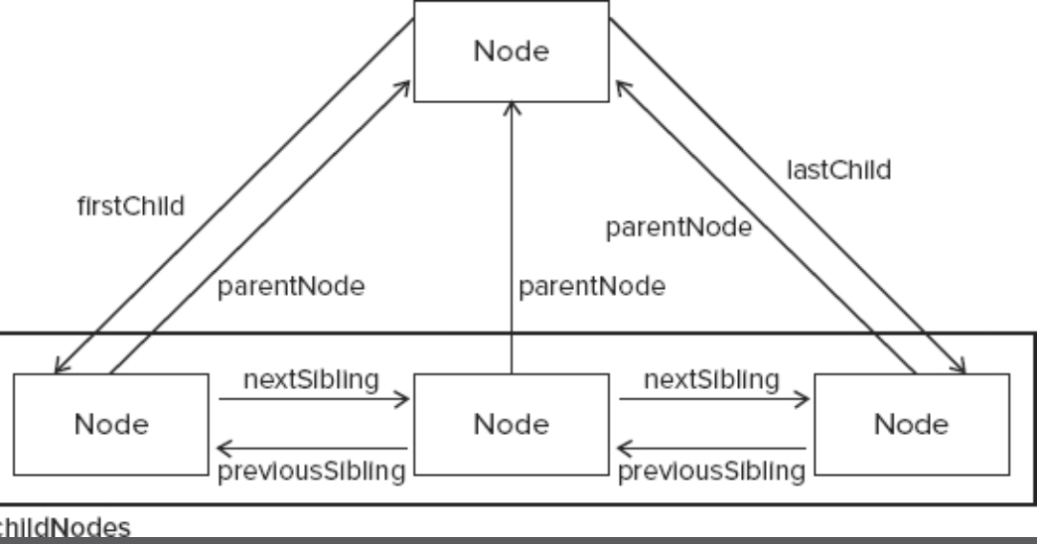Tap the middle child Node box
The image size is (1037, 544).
click(x=511, y=424)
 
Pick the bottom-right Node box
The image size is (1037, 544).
click(x=912, y=424)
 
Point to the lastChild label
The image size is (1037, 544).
click(x=838, y=170)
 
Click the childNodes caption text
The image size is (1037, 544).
click(x=65, y=528)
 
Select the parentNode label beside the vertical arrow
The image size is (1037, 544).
click(x=591, y=288)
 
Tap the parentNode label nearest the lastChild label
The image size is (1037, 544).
click(x=677, y=227)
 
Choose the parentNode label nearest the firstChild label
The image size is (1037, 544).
click(x=291, y=288)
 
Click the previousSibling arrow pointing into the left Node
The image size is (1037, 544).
click(x=313, y=448)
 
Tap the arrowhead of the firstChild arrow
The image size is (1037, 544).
click(x=58, y=368)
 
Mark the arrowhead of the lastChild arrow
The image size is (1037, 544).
click(x=964, y=368)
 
